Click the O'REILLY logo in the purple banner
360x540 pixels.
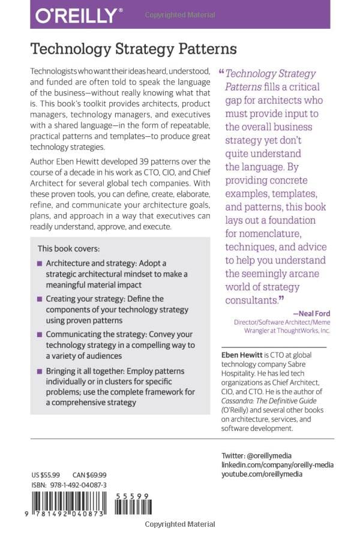tap(79, 15)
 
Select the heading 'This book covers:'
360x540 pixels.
tap(69, 248)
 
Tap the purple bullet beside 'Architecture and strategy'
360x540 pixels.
tap(40, 263)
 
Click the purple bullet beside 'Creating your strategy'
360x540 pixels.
tap(40, 298)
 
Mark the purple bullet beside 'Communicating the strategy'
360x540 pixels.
tap(40, 334)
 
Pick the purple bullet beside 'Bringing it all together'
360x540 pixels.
tap(40, 371)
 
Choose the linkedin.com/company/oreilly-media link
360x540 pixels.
tap(277, 465)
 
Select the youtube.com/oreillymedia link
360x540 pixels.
tap(262, 474)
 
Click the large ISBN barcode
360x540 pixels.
tap(70, 503)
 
